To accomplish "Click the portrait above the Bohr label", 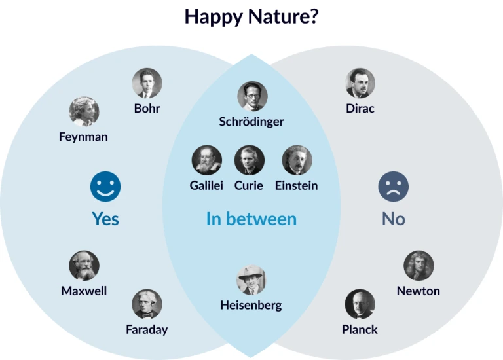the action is click(147, 83).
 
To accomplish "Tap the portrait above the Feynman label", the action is click(84, 111).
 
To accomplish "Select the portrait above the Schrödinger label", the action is click(252, 96).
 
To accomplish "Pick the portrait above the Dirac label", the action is click(360, 83).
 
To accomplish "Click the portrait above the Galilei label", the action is click(206, 160).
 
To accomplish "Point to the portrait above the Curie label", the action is click(250, 160).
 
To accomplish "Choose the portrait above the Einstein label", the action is click(297, 160).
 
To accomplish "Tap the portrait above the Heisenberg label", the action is click(251, 279).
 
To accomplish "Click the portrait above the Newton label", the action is click(419, 266).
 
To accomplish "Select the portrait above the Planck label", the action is click(360, 304).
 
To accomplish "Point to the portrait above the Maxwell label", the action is click(84, 266).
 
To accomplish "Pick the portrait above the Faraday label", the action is click(147, 304).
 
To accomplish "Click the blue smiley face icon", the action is click(105, 187).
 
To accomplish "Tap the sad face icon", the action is click(393, 187).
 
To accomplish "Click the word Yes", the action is click(105, 219).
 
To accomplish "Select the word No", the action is click(394, 219).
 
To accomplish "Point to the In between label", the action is click(251, 219).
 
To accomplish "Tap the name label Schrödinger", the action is click(251, 122).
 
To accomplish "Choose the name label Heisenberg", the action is click(251, 305).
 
